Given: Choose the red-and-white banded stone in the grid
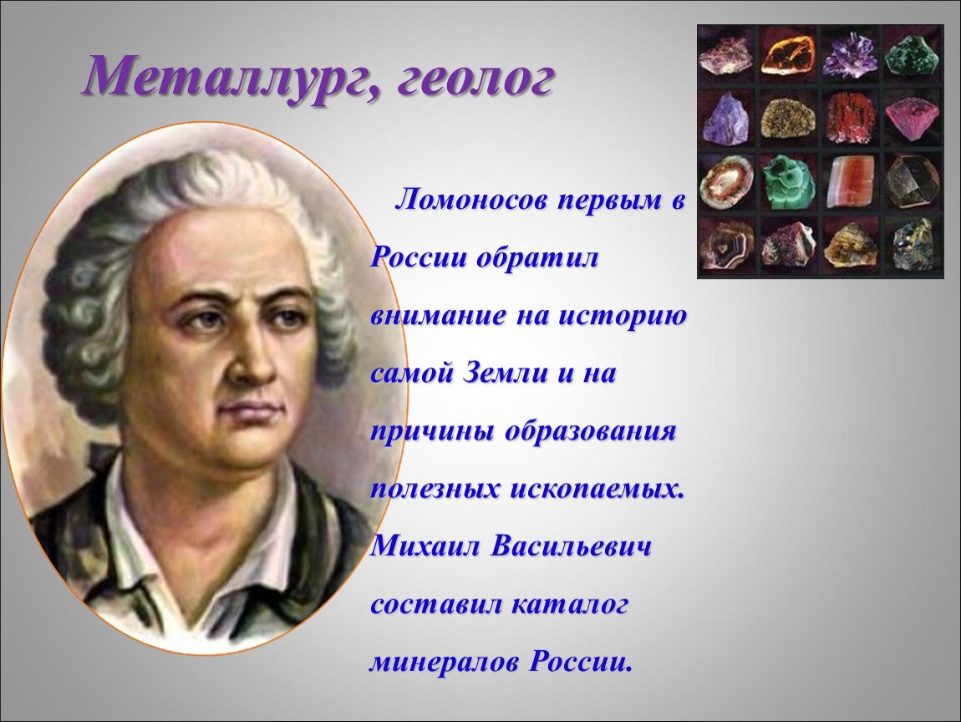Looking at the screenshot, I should [850, 182].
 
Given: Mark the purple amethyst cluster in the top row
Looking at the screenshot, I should [850, 55].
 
